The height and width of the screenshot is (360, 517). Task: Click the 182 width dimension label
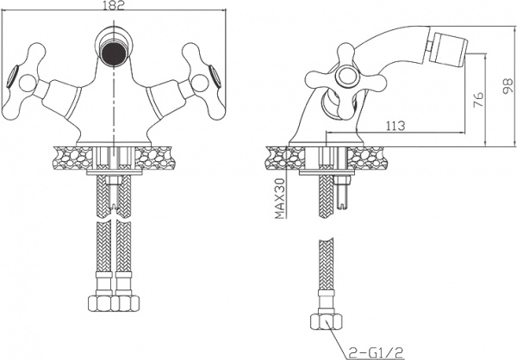pos(114,6)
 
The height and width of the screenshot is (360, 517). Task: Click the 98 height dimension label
pos(508,86)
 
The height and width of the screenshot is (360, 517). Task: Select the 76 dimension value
pos(478,99)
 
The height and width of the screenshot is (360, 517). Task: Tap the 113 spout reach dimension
pos(396,126)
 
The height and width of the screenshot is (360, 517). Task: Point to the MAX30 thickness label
pos(279,199)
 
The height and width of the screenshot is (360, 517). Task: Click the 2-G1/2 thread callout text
pos(376,352)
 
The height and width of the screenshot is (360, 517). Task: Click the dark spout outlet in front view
pos(114,53)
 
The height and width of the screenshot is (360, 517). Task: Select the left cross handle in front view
pos(25,81)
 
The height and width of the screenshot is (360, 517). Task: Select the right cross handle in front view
pos(202,81)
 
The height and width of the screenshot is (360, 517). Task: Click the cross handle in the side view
pos(346,79)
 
